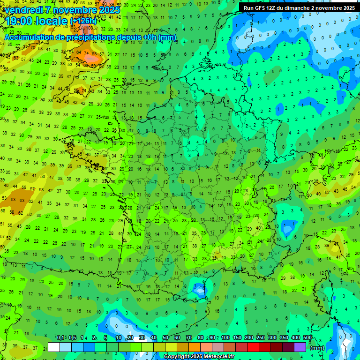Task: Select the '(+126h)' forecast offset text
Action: coord(83,21)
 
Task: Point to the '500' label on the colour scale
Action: coord(307,338)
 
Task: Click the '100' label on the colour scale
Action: coord(225,338)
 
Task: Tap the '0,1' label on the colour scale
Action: coord(60,338)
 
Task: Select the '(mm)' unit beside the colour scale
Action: coord(317,348)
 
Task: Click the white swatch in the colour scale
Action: coord(54,347)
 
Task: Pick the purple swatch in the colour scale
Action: coord(300,347)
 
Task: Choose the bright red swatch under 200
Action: coord(253,347)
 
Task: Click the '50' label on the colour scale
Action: coord(165,338)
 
